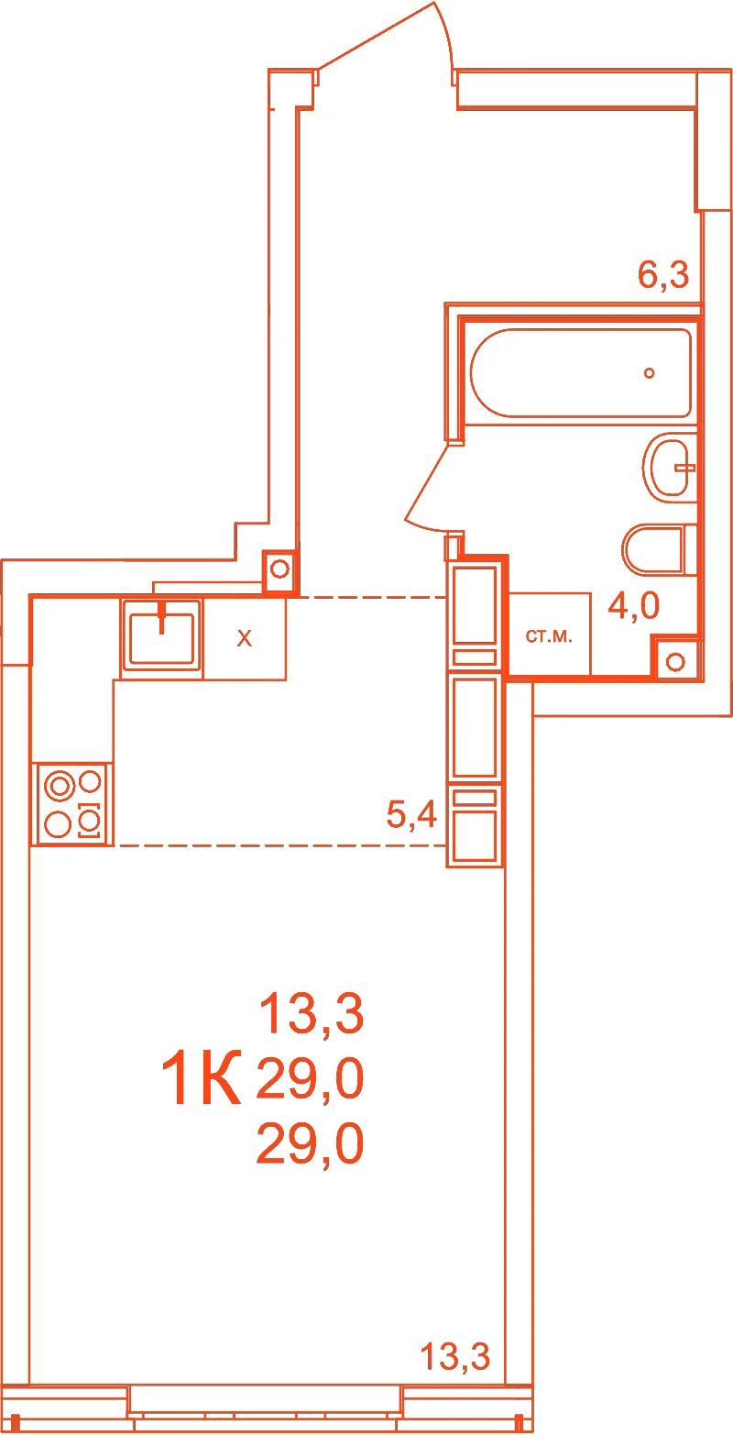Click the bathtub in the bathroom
point(581,373)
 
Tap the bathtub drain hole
point(649,373)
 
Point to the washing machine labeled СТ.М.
point(549,634)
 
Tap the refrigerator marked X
point(245,638)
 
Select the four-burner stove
point(72,804)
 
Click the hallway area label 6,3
point(663,275)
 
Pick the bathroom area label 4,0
point(634,605)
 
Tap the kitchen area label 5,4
point(411,814)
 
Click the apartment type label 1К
point(201,1078)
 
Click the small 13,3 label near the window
point(455,1356)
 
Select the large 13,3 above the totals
point(312,1014)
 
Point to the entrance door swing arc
point(447,35)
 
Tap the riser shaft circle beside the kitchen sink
point(279,568)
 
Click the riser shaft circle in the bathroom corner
point(675,662)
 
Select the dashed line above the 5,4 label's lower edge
point(282,845)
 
